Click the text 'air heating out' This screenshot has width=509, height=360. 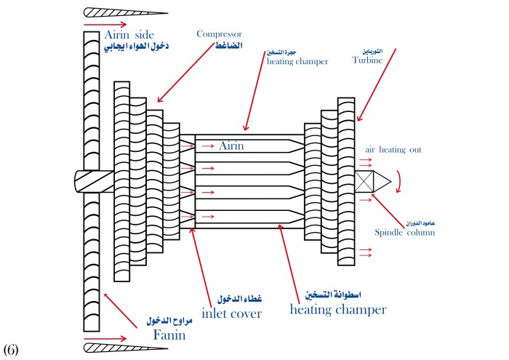coord(393,150)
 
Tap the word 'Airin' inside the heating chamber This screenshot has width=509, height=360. coord(233,145)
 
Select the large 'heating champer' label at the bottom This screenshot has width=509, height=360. coord(338,311)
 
